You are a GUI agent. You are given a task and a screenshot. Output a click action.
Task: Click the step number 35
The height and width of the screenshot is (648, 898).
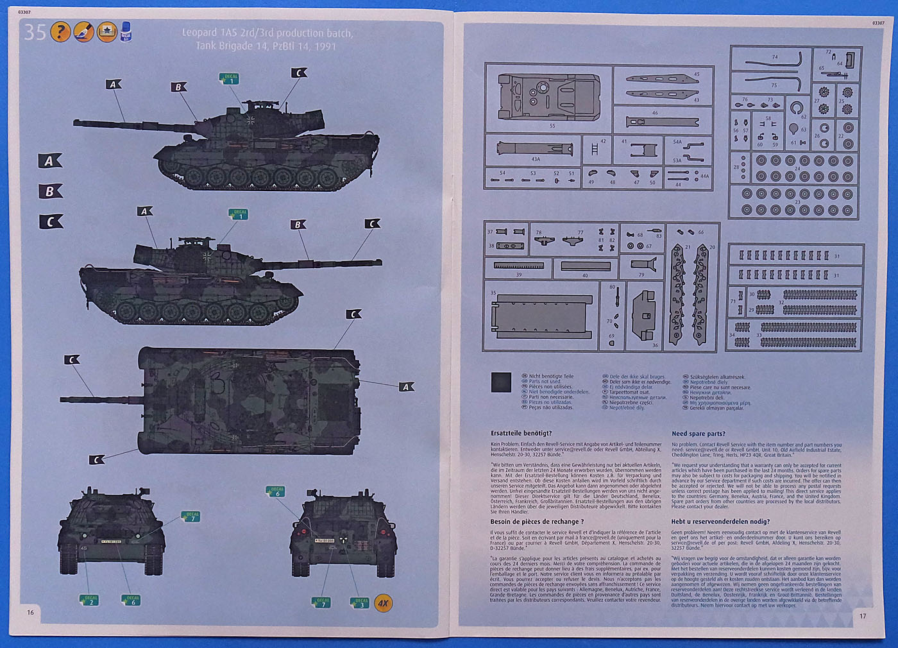(x=35, y=31)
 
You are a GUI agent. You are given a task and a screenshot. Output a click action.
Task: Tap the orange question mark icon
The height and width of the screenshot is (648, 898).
(x=60, y=31)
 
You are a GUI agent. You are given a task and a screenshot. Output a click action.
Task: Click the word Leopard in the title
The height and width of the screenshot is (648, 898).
(x=199, y=33)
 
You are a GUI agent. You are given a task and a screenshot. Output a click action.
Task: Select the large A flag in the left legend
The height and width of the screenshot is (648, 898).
(x=49, y=161)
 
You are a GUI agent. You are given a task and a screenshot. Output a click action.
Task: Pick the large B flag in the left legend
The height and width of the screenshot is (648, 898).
(x=49, y=191)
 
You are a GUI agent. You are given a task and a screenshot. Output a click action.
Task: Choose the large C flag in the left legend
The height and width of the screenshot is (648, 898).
(x=49, y=222)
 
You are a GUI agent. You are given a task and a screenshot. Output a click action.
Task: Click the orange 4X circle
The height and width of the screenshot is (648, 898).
(x=383, y=603)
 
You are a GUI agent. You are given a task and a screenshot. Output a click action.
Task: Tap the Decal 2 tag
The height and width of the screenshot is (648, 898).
(x=90, y=601)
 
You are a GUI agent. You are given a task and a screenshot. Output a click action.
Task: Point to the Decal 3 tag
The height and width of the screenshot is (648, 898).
(x=360, y=602)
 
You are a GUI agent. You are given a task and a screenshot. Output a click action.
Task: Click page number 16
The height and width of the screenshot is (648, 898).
(x=30, y=612)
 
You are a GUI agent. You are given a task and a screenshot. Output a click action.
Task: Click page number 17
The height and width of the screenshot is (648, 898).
(x=863, y=616)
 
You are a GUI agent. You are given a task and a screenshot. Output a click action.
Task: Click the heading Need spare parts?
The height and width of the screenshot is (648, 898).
(x=698, y=434)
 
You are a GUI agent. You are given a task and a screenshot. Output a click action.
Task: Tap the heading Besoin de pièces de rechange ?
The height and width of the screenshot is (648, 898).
(x=537, y=522)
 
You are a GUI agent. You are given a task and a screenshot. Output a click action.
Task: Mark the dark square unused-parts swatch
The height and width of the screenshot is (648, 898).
(x=501, y=382)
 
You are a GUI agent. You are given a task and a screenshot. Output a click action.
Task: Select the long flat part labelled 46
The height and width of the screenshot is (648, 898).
(x=661, y=121)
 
